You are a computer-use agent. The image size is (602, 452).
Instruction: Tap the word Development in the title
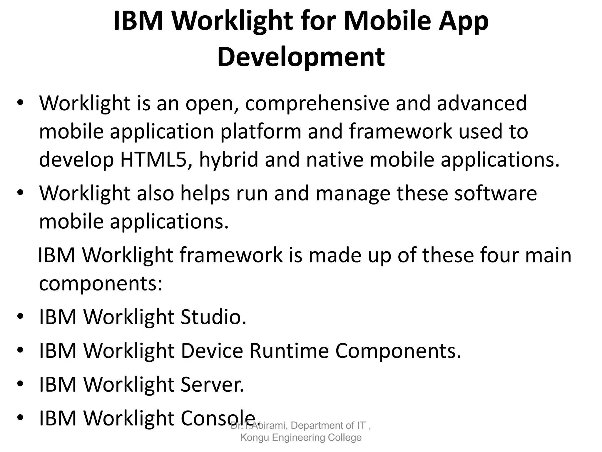click(301, 56)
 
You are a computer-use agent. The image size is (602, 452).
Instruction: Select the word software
click(496, 194)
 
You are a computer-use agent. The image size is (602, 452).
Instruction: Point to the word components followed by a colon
click(101, 284)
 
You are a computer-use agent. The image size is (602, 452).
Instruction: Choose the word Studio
click(213, 317)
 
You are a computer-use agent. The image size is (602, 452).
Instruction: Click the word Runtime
click(289, 351)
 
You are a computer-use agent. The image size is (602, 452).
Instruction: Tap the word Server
click(212, 385)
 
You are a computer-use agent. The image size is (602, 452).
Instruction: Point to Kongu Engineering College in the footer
click(301, 438)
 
